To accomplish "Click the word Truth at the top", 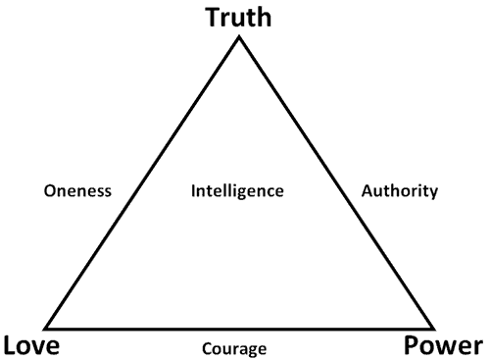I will coord(239,17).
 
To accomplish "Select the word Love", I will coord(31,345).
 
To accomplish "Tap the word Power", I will coord(443,345).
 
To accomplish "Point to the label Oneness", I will coord(77,190).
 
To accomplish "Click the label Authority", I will coord(400,190).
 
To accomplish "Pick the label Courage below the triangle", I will coord(234,348).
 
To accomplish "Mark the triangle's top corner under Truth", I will coord(239,37).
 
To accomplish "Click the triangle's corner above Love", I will coord(47,328).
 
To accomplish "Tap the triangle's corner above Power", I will coord(432,328).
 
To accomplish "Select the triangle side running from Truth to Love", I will coord(143,182).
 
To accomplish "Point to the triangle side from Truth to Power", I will coord(335,182).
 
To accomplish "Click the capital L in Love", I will coord(12,345).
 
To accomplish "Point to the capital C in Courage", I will coord(207,348).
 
